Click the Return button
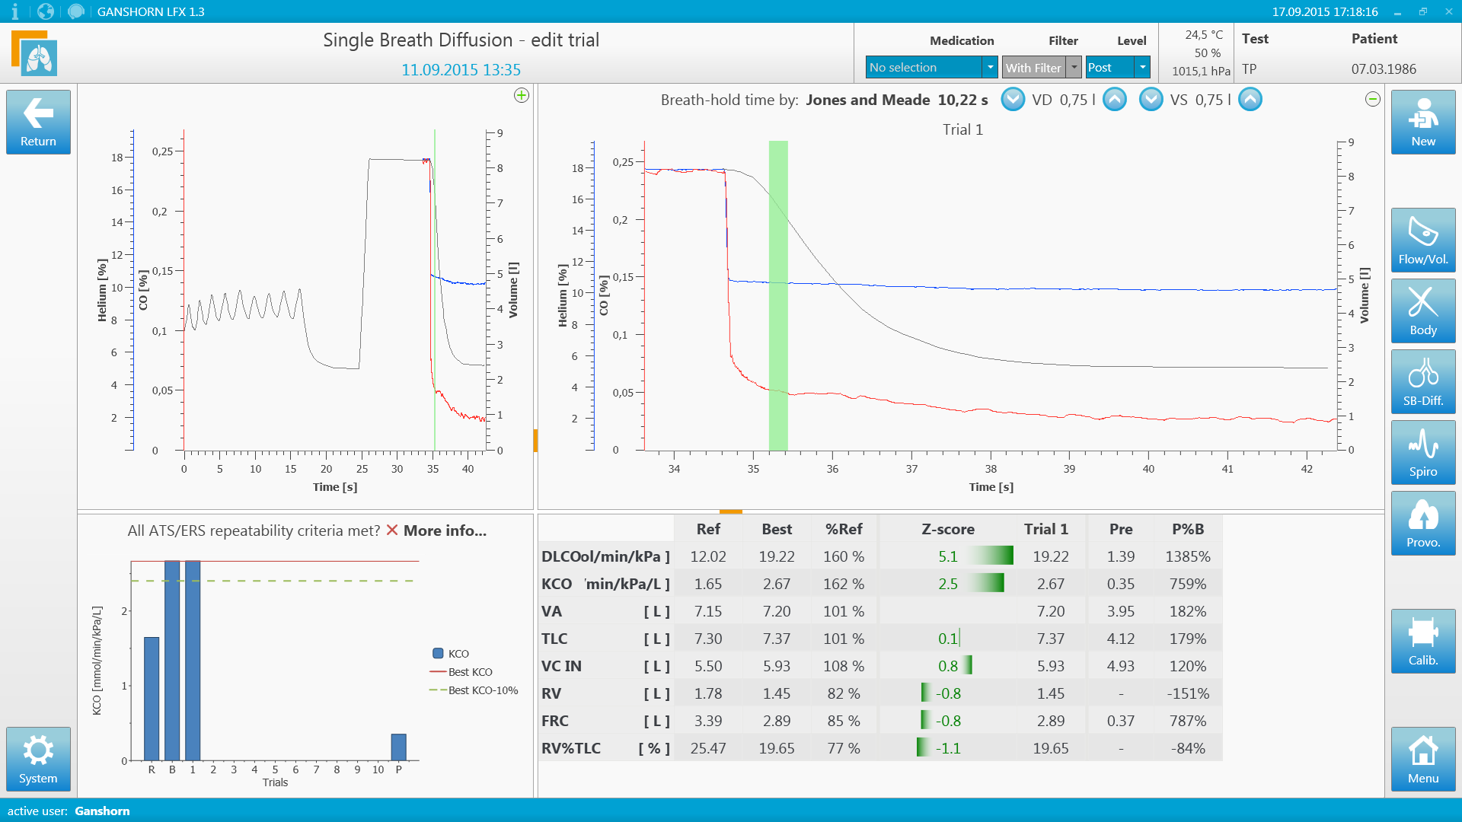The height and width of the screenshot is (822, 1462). pyautogui.click(x=38, y=122)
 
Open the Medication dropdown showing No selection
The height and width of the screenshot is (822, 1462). pyautogui.click(x=931, y=68)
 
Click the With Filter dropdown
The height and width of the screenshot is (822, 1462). pyautogui.click(x=1041, y=68)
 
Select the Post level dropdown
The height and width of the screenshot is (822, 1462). pyautogui.click(x=1117, y=68)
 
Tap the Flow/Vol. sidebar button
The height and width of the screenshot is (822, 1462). pyautogui.click(x=1422, y=240)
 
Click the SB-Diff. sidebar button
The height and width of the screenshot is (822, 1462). pyautogui.click(x=1422, y=381)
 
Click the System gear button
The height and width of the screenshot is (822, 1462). pyautogui.click(x=38, y=759)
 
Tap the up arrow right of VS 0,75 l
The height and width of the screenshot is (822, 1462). pyautogui.click(x=1250, y=100)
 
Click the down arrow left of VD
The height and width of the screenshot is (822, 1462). pyautogui.click(x=1013, y=100)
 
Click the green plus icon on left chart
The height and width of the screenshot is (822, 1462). pyautogui.click(x=522, y=95)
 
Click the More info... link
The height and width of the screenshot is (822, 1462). pyautogui.click(x=445, y=530)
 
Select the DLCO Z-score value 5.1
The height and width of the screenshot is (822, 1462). pyautogui.click(x=947, y=556)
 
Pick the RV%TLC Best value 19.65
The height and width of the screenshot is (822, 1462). pyautogui.click(x=776, y=748)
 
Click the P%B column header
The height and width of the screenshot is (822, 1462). pyautogui.click(x=1187, y=529)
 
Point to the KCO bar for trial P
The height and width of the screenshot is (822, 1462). pyautogui.click(x=398, y=747)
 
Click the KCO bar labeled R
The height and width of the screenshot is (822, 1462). pyautogui.click(x=152, y=699)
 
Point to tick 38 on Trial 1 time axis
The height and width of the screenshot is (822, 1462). pyautogui.click(x=991, y=469)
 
